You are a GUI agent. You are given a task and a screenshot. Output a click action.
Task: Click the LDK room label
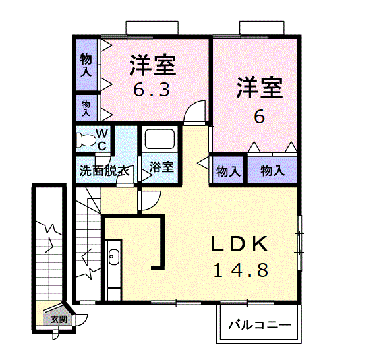[240, 244]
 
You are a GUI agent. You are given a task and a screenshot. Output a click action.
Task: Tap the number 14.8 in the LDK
[240, 270]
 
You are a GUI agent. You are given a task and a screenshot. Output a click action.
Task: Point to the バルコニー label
[260, 325]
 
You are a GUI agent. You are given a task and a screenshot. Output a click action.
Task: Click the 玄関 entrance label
[59, 319]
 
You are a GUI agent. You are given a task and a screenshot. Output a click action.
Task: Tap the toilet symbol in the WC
[85, 140]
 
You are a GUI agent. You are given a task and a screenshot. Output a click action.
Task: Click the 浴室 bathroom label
[161, 167]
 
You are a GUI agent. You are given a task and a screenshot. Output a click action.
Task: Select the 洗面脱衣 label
[103, 169]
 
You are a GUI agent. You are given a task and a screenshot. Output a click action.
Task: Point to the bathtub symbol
[159, 140]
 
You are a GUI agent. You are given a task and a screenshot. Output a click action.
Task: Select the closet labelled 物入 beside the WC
[86, 106]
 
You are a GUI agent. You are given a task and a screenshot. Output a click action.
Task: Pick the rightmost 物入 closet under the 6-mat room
[272, 171]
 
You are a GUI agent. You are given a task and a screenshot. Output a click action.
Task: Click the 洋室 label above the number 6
[259, 88]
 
